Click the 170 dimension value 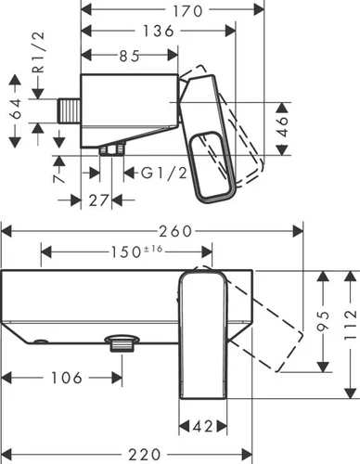[187, 11]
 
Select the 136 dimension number [159, 31]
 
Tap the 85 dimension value [129, 56]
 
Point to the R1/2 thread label [39, 52]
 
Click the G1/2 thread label [164, 173]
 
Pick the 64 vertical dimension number [16, 109]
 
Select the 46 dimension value [282, 126]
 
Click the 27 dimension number [99, 200]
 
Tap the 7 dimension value [59, 179]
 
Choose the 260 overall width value [175, 231]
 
